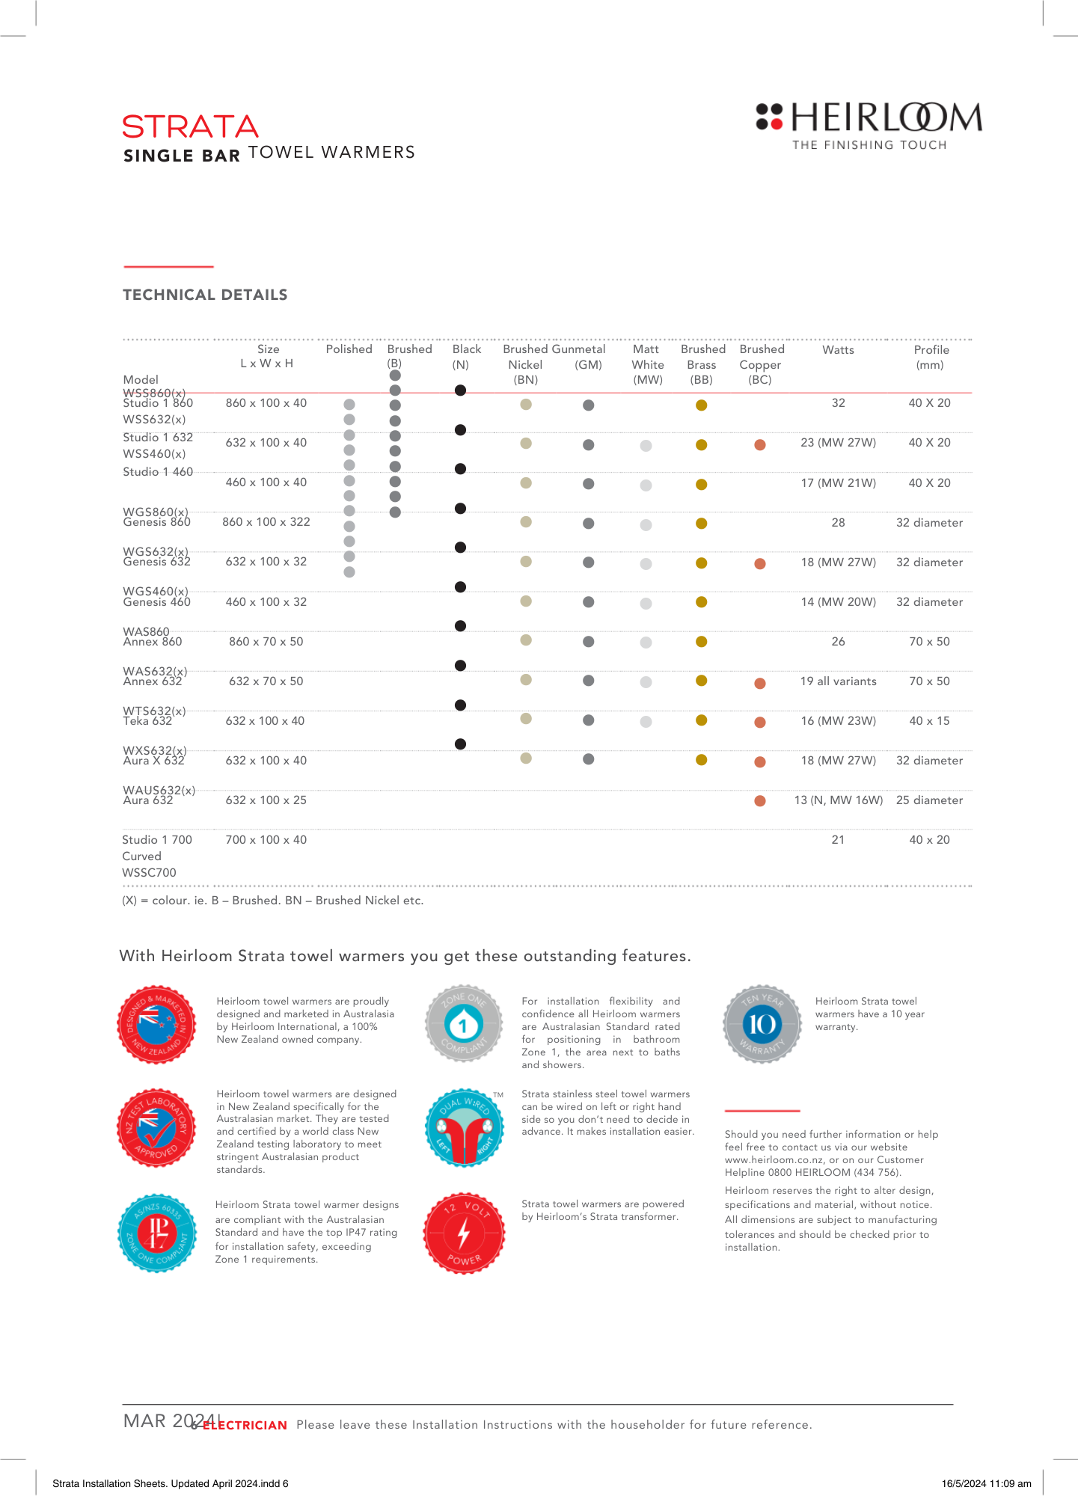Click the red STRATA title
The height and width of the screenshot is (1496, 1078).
click(191, 127)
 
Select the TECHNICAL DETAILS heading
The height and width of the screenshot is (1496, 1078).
click(205, 295)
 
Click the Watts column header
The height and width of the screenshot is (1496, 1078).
click(838, 350)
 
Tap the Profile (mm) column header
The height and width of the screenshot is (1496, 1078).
click(931, 357)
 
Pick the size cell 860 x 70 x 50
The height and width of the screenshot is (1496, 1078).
click(266, 642)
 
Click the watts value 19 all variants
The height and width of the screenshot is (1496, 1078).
click(838, 681)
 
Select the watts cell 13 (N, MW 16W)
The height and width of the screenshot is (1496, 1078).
click(838, 800)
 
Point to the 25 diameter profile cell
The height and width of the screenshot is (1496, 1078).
click(929, 800)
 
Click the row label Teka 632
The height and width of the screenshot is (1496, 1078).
click(147, 721)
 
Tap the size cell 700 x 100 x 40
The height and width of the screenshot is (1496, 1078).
click(266, 840)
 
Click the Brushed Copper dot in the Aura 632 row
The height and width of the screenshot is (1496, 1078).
click(760, 801)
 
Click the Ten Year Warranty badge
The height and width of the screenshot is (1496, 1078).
click(762, 1024)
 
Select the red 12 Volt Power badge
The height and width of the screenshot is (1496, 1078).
click(464, 1233)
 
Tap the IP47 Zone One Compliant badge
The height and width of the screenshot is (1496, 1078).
click(157, 1233)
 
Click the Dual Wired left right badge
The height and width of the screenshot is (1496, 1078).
click(464, 1127)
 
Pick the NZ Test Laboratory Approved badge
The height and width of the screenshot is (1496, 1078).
click(157, 1127)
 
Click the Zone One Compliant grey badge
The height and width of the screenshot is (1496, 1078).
click(464, 1024)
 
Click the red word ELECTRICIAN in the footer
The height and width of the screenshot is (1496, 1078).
click(245, 1426)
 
